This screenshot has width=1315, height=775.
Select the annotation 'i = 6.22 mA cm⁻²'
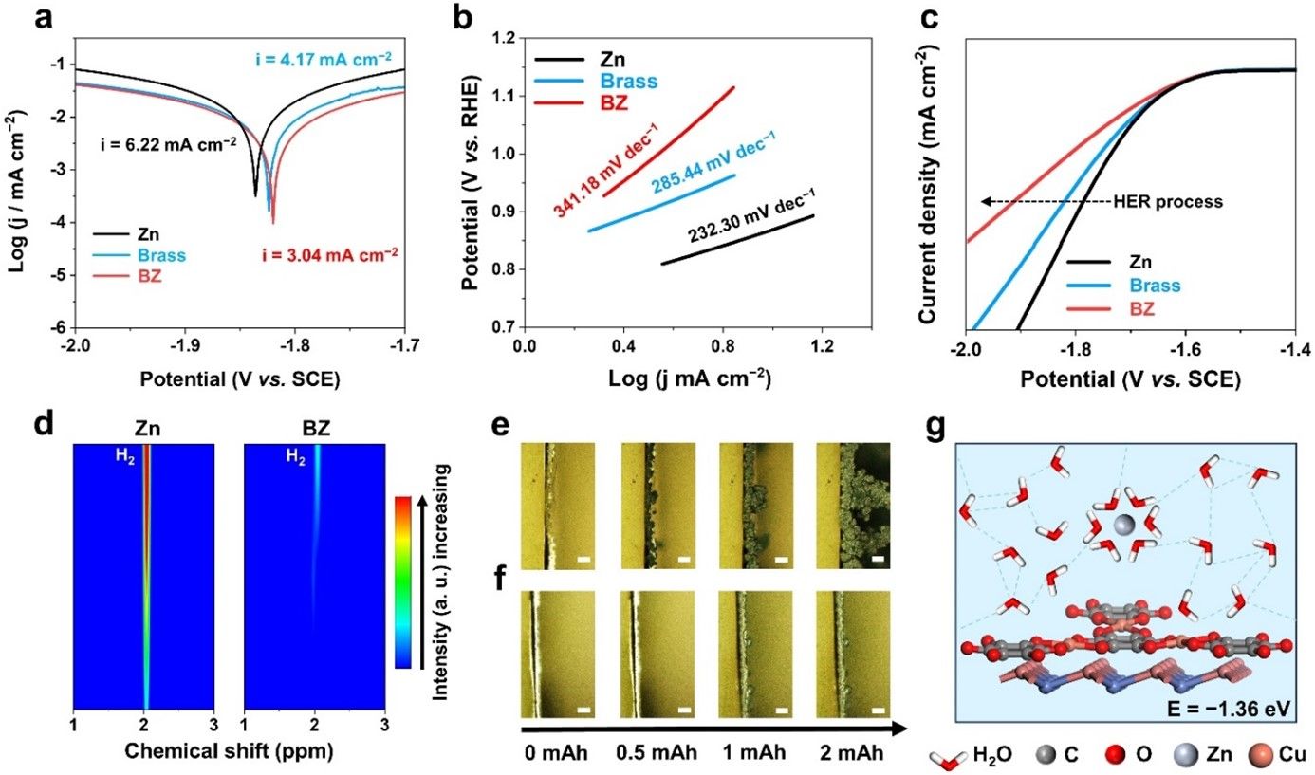pos(165,145)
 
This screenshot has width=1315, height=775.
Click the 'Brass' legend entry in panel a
pos(159,255)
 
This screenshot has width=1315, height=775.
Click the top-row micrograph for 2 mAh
pos(853,507)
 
